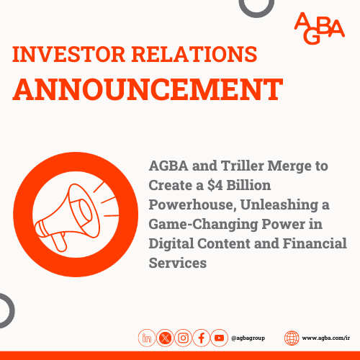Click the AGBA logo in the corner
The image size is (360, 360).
click(x=320, y=27)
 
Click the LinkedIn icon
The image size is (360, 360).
click(x=148, y=338)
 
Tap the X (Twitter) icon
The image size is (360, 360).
click(x=166, y=338)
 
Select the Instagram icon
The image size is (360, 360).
click(x=184, y=338)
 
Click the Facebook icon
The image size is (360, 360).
click(x=202, y=338)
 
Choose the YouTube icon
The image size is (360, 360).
click(x=220, y=338)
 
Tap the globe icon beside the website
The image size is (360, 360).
click(x=292, y=338)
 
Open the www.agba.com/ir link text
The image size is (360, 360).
click(x=325, y=338)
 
